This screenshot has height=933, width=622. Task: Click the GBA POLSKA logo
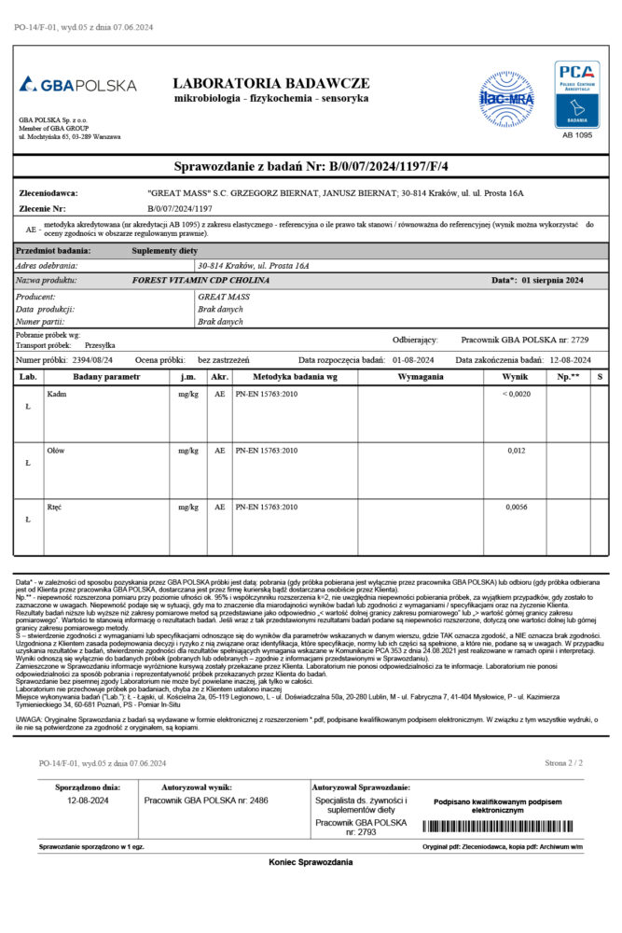coord(77,85)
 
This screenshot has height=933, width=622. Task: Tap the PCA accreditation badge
coord(577,94)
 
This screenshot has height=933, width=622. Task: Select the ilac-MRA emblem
coord(505,95)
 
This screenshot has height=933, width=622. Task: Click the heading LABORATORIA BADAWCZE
coord(270,83)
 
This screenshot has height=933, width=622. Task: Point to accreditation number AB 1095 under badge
coord(577,135)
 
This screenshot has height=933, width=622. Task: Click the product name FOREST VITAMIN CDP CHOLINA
coord(200,280)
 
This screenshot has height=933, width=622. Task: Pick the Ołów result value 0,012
coord(517,451)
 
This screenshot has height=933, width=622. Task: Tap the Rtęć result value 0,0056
coord(517,507)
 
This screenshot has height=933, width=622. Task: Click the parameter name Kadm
coord(57,395)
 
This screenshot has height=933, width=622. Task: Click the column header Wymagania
coord(420,376)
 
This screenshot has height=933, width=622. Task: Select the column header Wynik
coord(515,376)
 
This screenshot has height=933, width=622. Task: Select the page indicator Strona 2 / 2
coord(564,763)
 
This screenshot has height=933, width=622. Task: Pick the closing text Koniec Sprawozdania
coord(311,862)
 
